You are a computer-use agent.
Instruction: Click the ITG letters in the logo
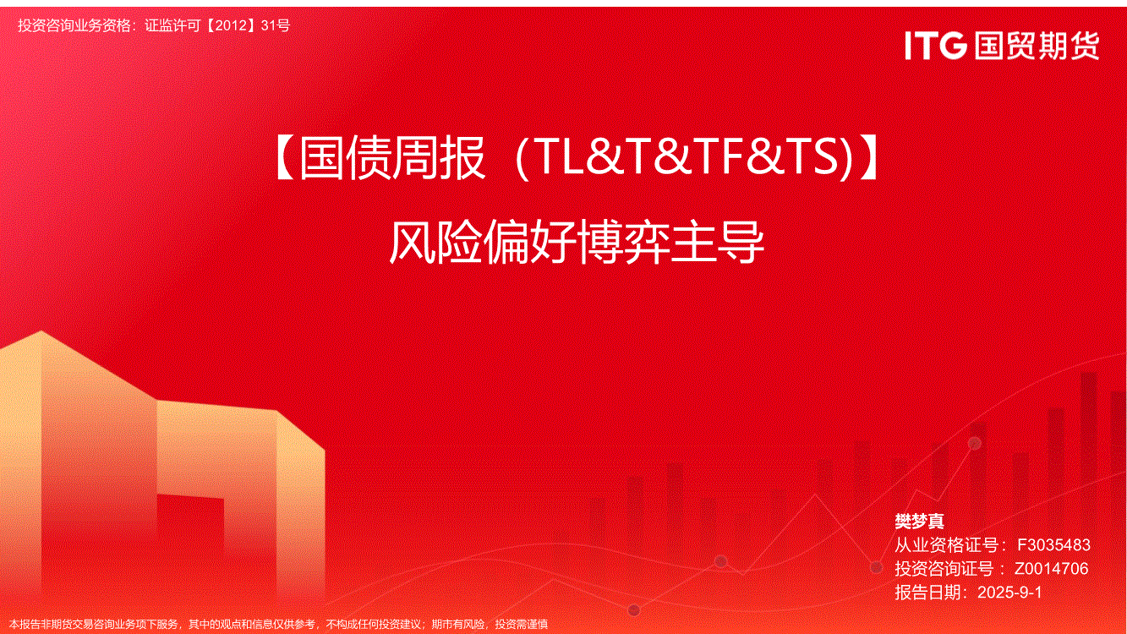point(936,46)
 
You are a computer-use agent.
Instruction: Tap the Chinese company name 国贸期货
point(1037,46)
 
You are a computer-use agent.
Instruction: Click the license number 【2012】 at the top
point(231,25)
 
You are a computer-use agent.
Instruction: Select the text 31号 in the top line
point(276,25)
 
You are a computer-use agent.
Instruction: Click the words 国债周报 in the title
point(392,158)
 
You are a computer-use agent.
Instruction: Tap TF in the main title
point(718,157)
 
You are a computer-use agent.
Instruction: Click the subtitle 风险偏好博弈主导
point(577,243)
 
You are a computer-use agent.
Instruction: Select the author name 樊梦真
point(919,522)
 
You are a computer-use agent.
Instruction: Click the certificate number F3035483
point(1053,544)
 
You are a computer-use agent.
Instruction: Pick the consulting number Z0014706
point(1051,569)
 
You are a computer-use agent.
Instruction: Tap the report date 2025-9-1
point(1009,593)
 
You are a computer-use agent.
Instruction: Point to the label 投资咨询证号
point(944,569)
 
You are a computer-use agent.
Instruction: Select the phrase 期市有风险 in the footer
point(458,625)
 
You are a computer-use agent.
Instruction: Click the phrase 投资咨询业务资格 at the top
point(74,25)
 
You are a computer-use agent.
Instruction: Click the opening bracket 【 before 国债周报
point(285,158)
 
